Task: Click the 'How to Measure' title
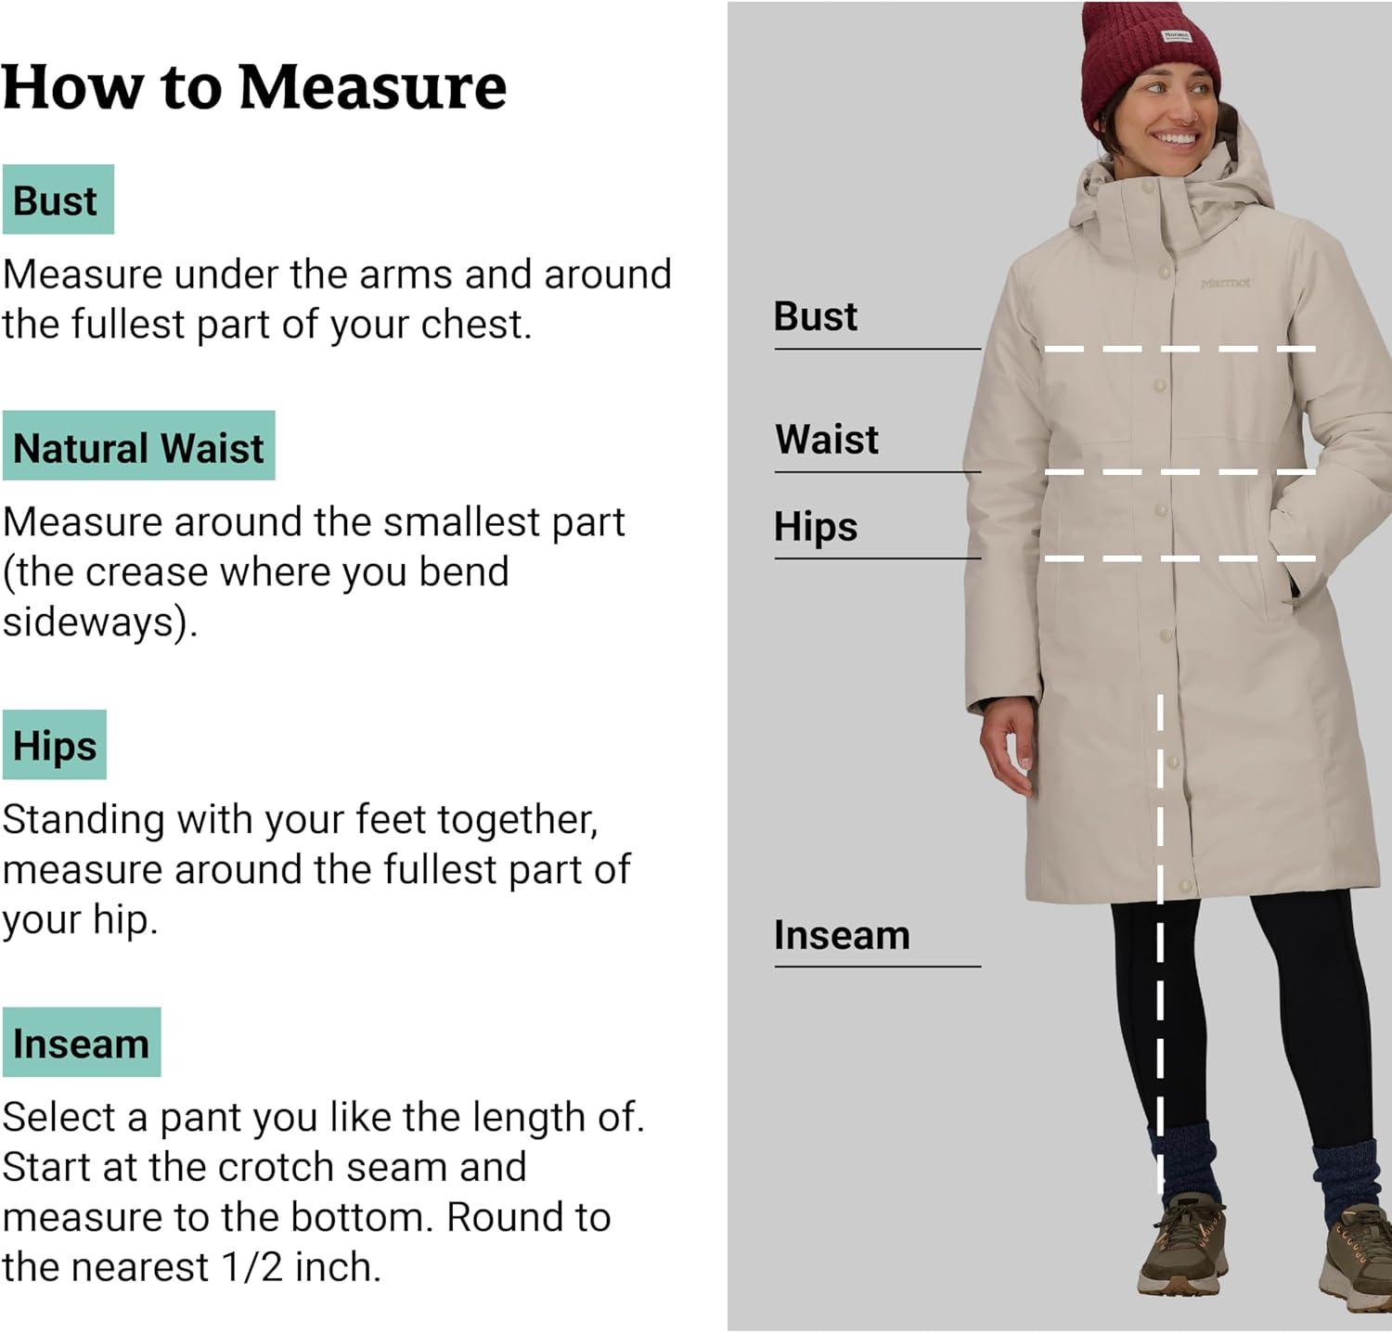pyautogui.click(x=254, y=88)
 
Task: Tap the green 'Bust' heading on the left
pyautogui.click(x=58, y=199)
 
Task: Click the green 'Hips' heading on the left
pyautogui.click(x=55, y=745)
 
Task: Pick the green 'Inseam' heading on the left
pyautogui.click(x=82, y=1042)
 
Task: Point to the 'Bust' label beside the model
pyautogui.click(x=816, y=316)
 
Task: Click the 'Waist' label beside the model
pyautogui.click(x=827, y=439)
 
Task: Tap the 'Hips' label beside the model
pyautogui.click(x=816, y=527)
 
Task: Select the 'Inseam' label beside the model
pyautogui.click(x=842, y=935)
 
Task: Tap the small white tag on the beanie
pyautogui.click(x=1177, y=36)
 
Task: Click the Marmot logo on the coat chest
pyautogui.click(x=1225, y=283)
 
